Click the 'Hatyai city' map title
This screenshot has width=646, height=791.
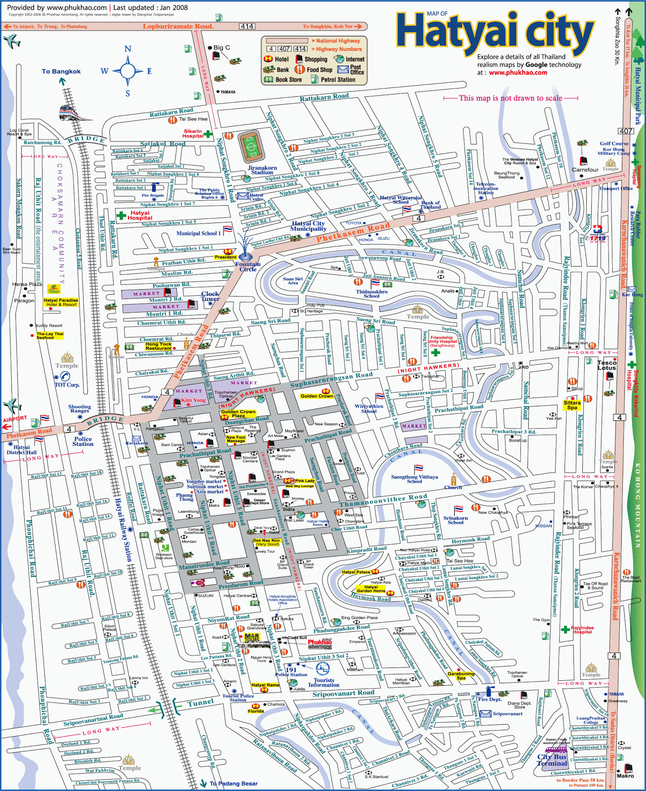click(494, 33)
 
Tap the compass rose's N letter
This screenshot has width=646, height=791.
click(128, 49)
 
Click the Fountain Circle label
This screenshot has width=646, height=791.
click(248, 266)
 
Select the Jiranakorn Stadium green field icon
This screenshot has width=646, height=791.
click(252, 147)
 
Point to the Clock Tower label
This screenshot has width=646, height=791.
click(210, 296)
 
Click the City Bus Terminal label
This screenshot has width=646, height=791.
click(552, 760)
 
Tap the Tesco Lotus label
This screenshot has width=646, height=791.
click(606, 365)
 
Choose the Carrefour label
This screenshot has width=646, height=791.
click(585, 170)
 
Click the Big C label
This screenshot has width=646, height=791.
click(221, 47)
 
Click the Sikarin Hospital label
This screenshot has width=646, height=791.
click(193, 133)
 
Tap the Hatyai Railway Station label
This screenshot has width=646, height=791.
click(124, 529)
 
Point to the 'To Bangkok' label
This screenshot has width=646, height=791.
click(61, 71)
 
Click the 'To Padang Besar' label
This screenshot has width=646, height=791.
click(233, 784)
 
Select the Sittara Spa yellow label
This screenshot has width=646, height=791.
click(572, 405)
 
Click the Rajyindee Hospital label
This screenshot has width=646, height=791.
click(582, 630)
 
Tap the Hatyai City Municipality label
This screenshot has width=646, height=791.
click(308, 226)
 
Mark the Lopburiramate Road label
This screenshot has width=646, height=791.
click(178, 26)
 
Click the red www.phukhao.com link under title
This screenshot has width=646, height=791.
click(518, 73)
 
